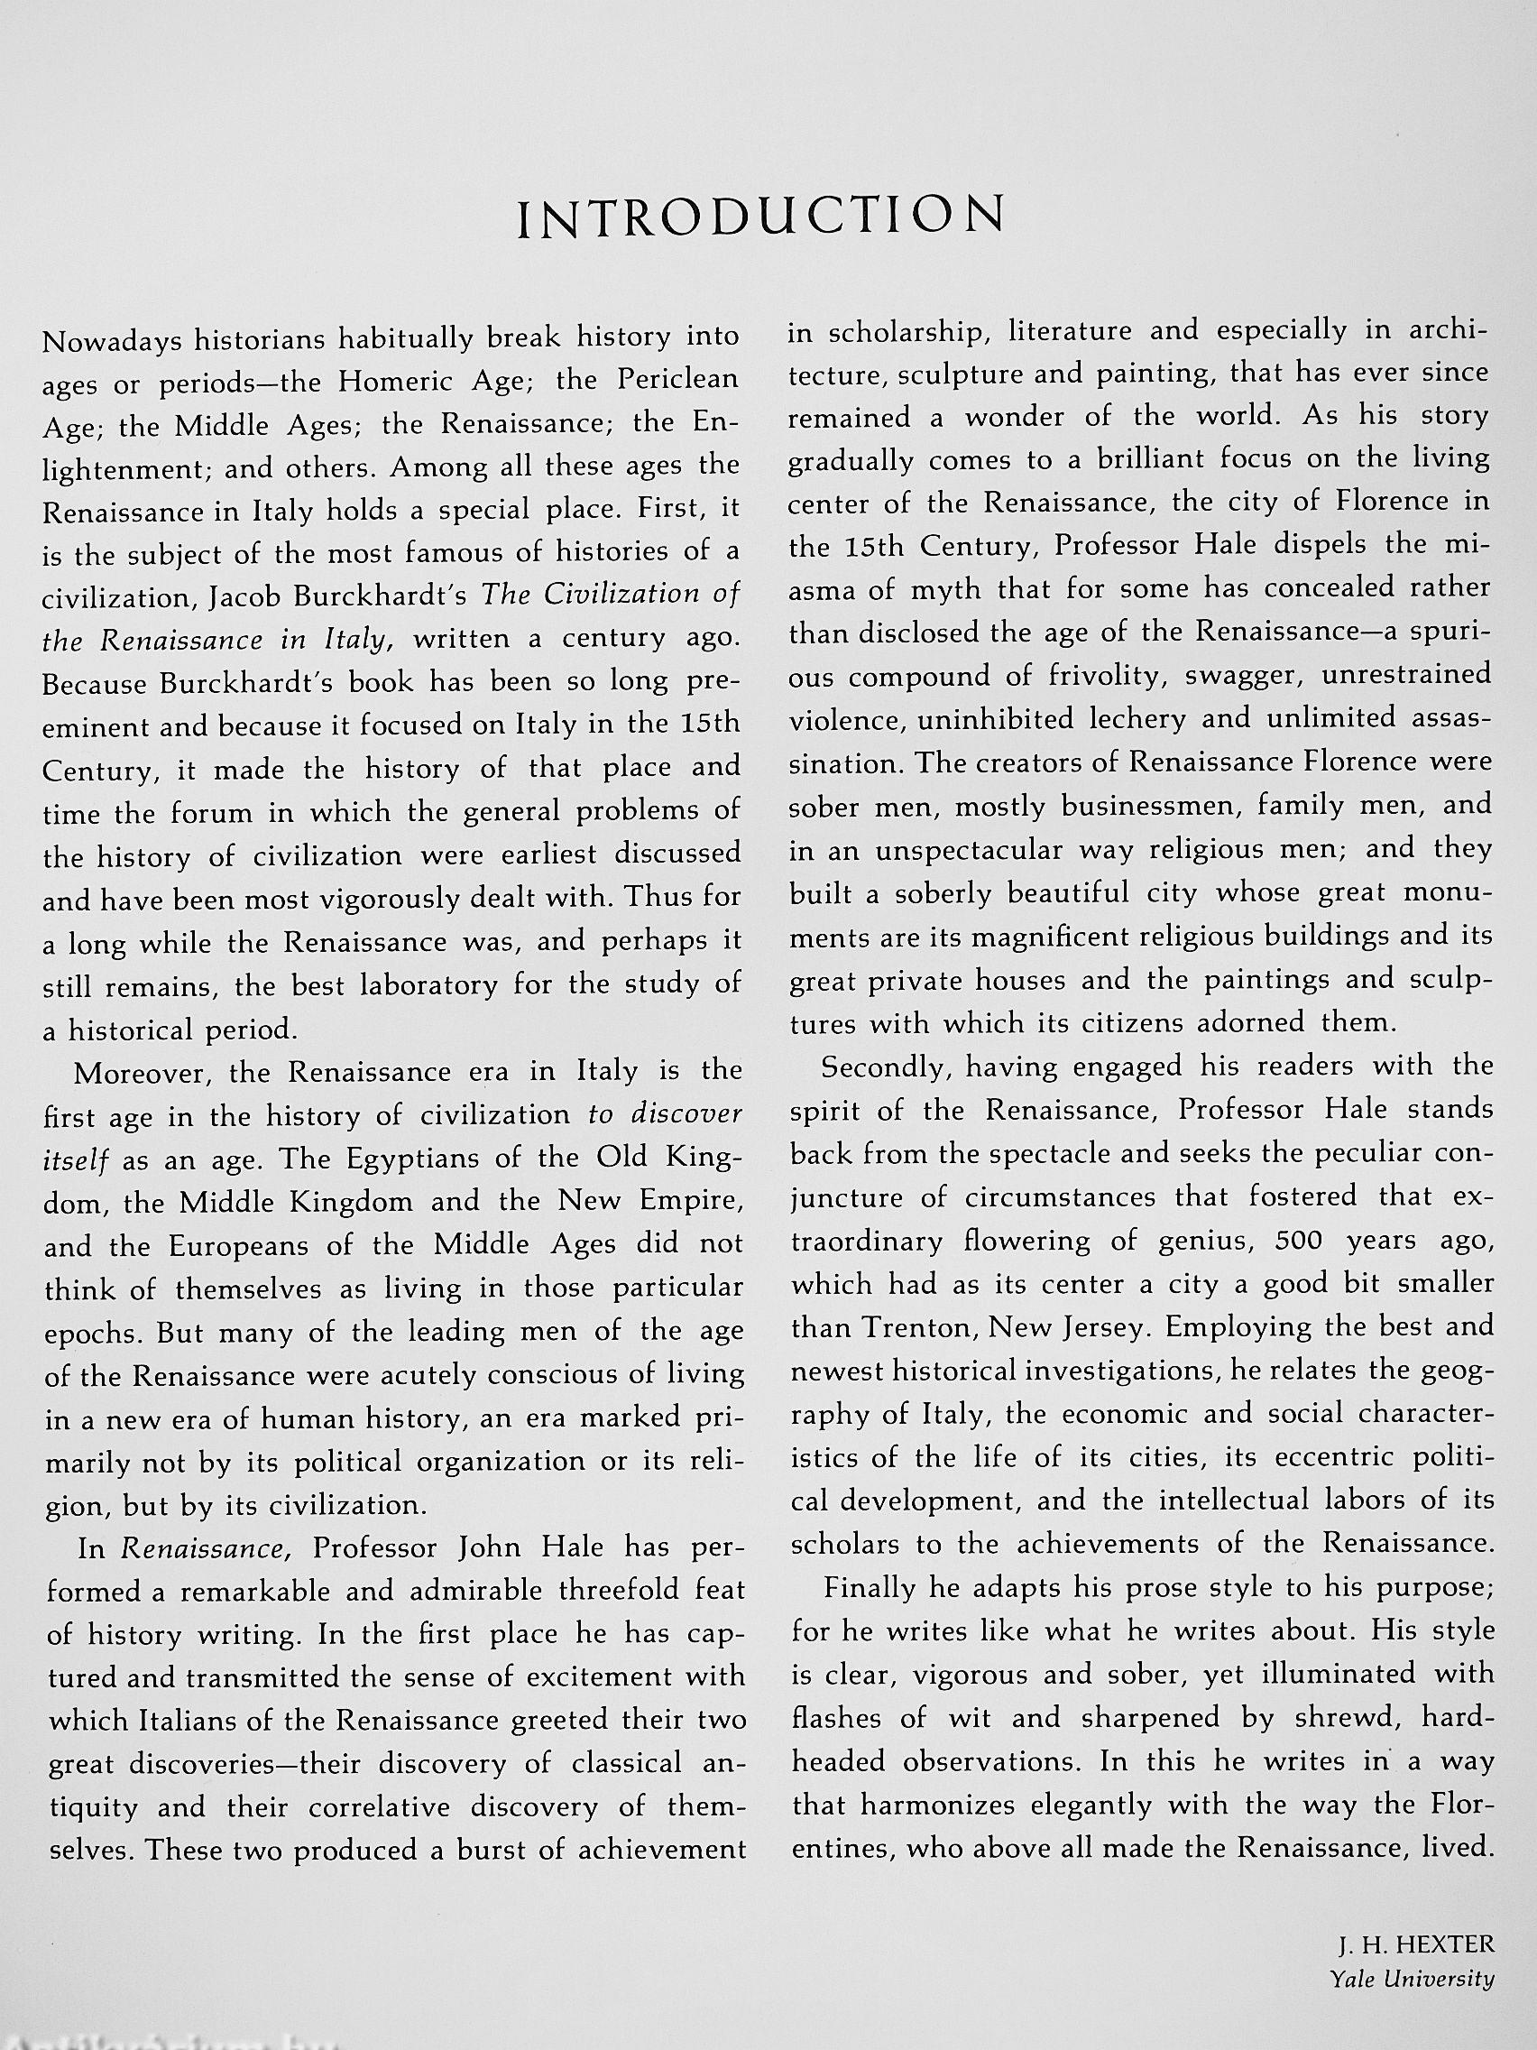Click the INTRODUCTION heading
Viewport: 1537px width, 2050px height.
760,216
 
